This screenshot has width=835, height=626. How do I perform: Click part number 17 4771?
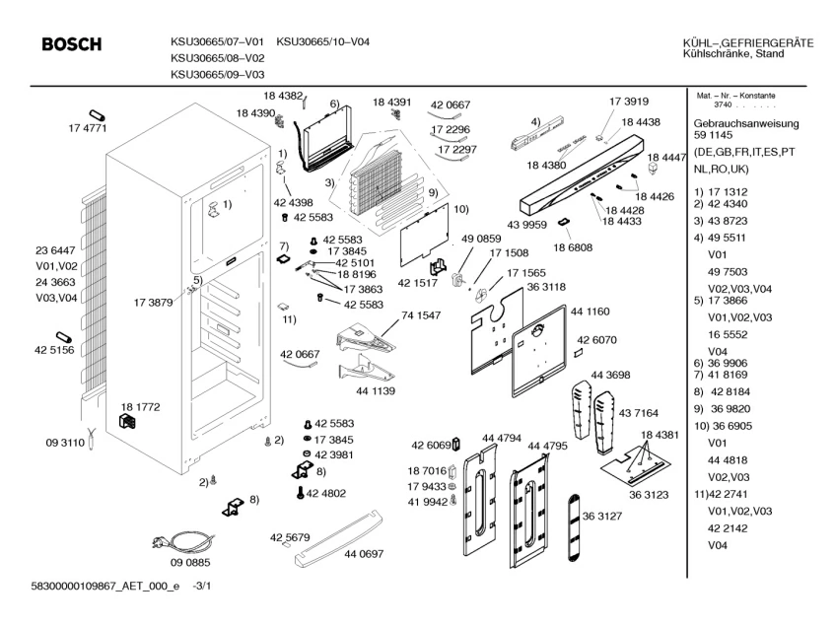(87, 129)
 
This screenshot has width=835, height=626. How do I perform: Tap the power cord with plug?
(175, 543)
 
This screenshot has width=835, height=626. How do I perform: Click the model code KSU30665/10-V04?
(323, 42)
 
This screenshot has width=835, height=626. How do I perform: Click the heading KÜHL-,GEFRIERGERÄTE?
(747, 42)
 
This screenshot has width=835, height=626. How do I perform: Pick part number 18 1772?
(140, 406)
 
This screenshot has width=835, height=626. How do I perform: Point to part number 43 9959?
(527, 225)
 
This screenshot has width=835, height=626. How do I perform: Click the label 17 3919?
(629, 102)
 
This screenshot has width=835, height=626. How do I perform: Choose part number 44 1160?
(591, 312)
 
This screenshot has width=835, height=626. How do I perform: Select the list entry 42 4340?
(735, 203)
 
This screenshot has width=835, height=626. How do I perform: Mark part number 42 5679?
(290, 537)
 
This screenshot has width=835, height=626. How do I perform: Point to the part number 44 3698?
(610, 375)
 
